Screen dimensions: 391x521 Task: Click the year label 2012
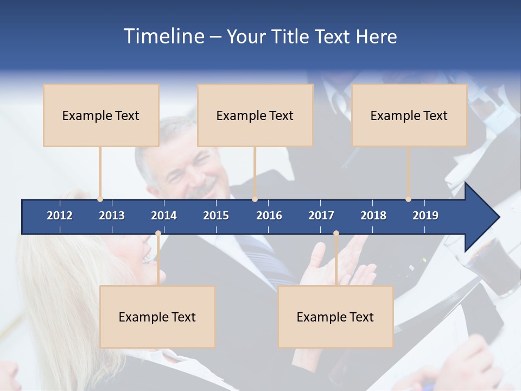pos(60,216)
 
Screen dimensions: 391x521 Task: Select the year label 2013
pos(112,216)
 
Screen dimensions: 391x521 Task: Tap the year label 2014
pos(164,216)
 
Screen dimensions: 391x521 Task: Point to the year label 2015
pos(216,216)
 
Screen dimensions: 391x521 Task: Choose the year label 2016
pos(269,216)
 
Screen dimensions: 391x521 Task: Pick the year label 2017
pos(321,216)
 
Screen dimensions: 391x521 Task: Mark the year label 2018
pos(373,216)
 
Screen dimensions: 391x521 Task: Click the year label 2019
pos(425,216)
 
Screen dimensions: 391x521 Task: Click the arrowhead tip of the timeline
pos(498,217)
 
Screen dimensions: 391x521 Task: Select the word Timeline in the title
pos(163,36)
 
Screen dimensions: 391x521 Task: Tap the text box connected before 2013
pos(101,115)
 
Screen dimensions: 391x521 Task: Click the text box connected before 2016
pos(255,115)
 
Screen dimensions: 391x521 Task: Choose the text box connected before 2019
pos(409,115)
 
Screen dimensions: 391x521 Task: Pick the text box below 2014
pos(157,317)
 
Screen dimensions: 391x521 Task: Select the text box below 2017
pos(335,317)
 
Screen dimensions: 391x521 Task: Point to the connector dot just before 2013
pos(100,199)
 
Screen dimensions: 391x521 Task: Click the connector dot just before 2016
pos(255,199)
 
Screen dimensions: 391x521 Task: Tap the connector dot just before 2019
pos(408,199)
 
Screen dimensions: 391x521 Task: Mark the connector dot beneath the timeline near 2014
pos(158,234)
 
